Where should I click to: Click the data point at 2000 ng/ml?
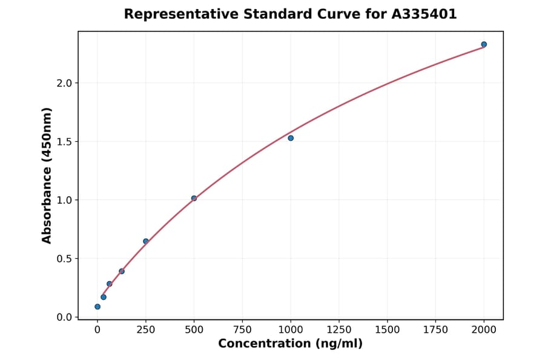pos(484,44)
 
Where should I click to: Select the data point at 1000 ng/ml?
pos(291,138)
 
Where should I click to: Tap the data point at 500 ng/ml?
pos(194,198)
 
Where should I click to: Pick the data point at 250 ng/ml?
pos(146,241)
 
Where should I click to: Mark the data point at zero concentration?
pos(97,307)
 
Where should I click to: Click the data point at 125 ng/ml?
pos(122,272)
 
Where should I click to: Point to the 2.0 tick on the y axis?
pos(64,83)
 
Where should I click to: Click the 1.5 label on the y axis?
pos(64,142)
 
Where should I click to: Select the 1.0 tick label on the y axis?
pos(64,200)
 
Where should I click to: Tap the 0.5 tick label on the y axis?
pos(64,259)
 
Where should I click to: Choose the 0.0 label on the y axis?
pos(64,318)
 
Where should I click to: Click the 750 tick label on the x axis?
pos(242,330)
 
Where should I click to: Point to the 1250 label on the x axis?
pos(339,330)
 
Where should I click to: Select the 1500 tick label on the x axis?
pos(388,330)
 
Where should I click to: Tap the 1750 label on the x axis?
pos(436,330)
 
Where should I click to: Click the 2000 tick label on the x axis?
pos(484,330)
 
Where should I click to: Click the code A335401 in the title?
pos(423,14)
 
